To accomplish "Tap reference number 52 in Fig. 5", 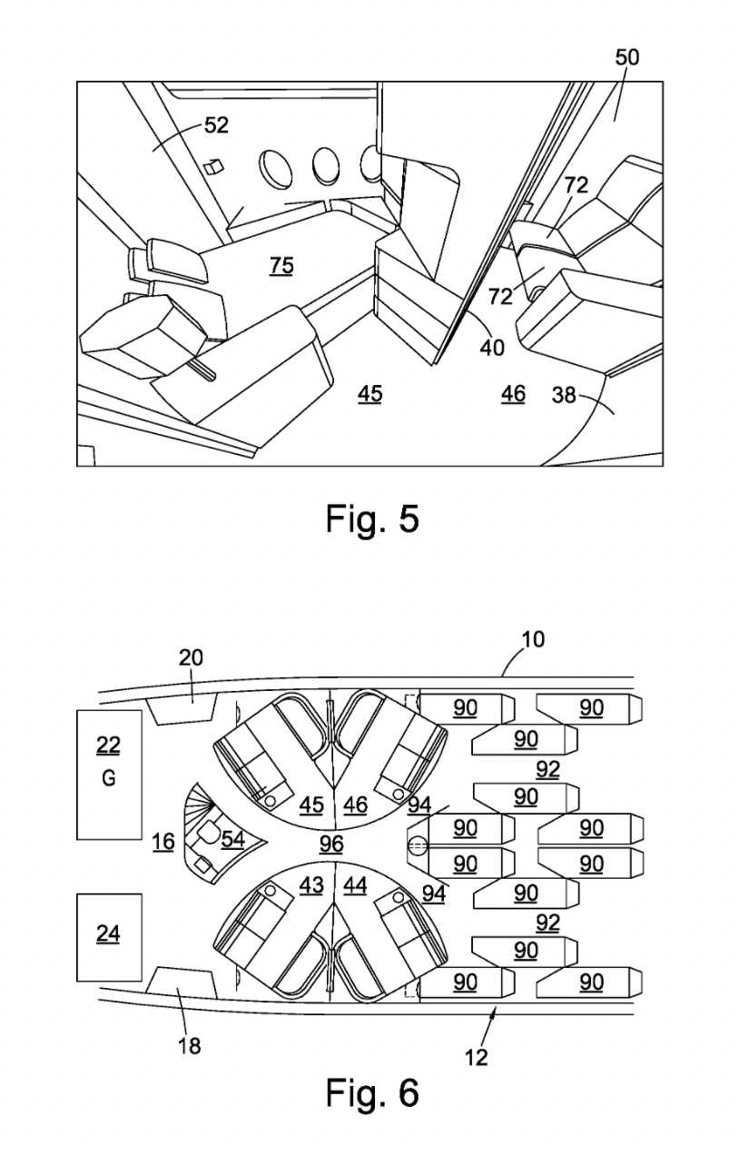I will click(216, 126).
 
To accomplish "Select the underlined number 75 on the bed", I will click(281, 265).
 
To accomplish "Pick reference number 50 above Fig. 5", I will click(626, 58).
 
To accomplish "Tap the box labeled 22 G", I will click(109, 775).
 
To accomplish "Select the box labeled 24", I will click(109, 936).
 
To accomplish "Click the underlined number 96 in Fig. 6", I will click(332, 844).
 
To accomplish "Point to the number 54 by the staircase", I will click(233, 839).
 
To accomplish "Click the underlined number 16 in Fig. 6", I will click(163, 842).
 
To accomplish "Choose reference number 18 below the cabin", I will click(189, 1045).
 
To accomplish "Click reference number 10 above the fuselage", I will click(533, 639).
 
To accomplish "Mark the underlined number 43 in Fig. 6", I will click(311, 884).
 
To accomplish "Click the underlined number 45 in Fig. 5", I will click(369, 393).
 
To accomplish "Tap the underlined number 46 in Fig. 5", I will click(513, 393).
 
